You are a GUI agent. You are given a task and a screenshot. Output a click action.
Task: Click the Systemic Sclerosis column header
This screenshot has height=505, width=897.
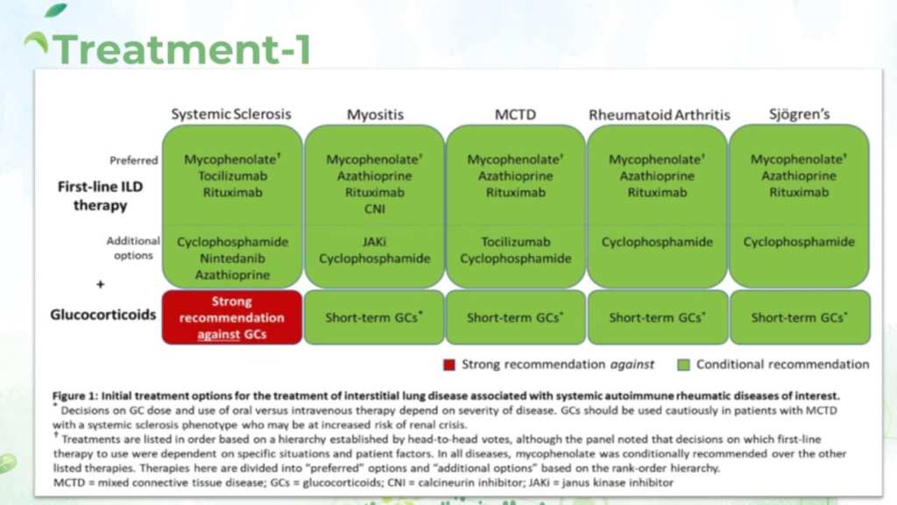(231, 114)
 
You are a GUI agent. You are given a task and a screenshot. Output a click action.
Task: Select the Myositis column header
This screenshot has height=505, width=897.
(374, 115)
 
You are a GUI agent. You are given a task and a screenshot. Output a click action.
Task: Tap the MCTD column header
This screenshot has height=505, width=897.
(515, 115)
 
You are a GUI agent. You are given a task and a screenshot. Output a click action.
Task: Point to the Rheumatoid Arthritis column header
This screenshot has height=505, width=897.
(659, 115)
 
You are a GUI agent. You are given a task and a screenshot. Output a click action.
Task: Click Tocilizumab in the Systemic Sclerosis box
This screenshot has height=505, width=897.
(232, 176)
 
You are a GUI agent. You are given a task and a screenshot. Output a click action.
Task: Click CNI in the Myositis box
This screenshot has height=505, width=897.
(374, 209)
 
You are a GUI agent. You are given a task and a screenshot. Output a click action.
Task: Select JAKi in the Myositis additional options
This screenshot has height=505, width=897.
(374, 242)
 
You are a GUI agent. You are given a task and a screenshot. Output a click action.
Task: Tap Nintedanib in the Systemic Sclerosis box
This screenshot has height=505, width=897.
(232, 259)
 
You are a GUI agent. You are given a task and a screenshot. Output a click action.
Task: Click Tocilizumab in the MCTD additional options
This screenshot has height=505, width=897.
(515, 242)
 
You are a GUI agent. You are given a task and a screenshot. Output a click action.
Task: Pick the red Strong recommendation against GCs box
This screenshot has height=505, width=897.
(232, 317)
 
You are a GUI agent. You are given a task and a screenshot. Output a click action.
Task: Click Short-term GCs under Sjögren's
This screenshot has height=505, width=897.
(799, 317)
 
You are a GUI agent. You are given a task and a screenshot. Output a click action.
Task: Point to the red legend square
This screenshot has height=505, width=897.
(448, 365)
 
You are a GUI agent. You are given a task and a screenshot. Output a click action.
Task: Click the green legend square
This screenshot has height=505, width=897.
(683, 365)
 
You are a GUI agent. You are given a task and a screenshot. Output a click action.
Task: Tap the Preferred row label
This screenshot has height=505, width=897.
(134, 160)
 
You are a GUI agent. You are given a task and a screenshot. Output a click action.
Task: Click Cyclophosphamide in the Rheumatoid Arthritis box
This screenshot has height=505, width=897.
(657, 242)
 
